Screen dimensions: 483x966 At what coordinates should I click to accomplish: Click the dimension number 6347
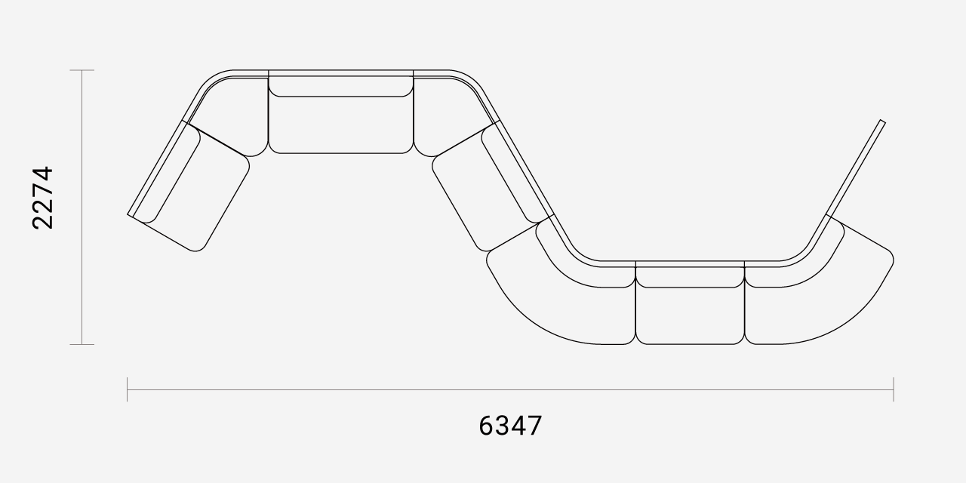click(x=510, y=426)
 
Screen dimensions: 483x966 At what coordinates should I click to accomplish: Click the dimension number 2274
click(x=43, y=198)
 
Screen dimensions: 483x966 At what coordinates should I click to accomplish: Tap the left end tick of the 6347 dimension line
click(x=128, y=389)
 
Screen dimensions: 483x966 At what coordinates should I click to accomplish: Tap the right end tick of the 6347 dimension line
click(x=894, y=389)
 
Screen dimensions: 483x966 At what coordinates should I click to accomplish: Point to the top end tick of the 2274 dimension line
click(x=82, y=70)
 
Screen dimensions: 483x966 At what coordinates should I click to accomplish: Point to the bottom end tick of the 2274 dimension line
click(x=82, y=345)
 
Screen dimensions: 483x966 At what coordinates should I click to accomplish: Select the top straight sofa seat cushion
click(x=341, y=125)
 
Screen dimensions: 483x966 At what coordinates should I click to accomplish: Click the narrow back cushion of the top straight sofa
click(x=341, y=85)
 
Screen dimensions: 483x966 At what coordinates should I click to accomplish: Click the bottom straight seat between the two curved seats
click(x=691, y=315)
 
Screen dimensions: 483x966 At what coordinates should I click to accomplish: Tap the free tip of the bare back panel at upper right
click(x=881, y=122)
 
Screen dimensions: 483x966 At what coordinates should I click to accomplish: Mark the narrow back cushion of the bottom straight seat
click(x=691, y=278)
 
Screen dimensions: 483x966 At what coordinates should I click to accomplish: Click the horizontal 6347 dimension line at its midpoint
click(x=510, y=389)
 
